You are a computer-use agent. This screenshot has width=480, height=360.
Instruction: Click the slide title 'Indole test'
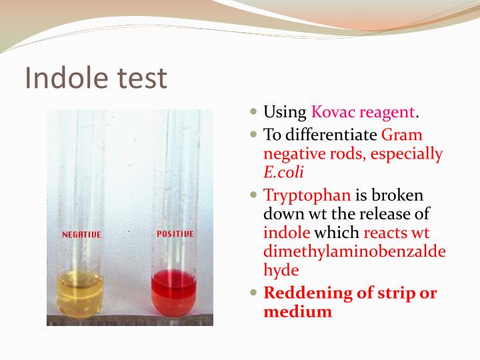coord(95,79)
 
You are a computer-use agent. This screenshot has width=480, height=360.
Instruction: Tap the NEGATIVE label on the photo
coord(81,235)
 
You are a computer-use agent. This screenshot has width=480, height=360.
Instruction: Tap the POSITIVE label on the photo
coord(175,234)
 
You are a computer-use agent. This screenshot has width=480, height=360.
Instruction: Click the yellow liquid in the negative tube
coord(81,297)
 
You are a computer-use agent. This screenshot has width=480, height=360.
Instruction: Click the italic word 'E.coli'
coord(284,172)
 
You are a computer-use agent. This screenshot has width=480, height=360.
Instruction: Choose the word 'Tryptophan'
coord(307,196)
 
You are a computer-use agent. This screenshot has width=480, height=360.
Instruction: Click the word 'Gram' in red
coord(402,135)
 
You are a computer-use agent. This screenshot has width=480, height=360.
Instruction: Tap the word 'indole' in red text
coord(287,233)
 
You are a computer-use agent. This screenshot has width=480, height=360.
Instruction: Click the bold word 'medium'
coord(297,311)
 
